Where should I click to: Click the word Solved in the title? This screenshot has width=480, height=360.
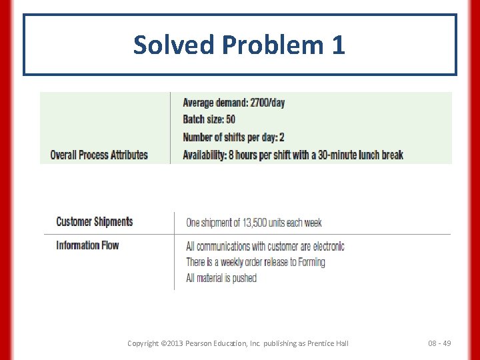(175, 45)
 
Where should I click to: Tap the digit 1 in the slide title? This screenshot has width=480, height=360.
(337, 45)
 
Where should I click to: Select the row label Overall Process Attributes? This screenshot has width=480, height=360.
(99, 155)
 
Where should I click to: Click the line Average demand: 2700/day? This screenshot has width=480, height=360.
(233, 103)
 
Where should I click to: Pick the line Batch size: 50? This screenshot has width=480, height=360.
(209, 120)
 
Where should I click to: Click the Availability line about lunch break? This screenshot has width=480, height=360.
(293, 155)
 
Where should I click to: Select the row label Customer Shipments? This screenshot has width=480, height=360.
(94, 221)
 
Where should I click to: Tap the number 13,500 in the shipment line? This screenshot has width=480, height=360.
(259, 223)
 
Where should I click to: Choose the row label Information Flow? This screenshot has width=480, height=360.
(87, 245)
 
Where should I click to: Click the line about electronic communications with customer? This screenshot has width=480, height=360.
(265, 246)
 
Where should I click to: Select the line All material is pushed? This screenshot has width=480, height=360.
(221, 278)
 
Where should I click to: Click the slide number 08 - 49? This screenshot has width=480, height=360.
(439, 343)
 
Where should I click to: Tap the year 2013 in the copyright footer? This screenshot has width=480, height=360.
(172, 343)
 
